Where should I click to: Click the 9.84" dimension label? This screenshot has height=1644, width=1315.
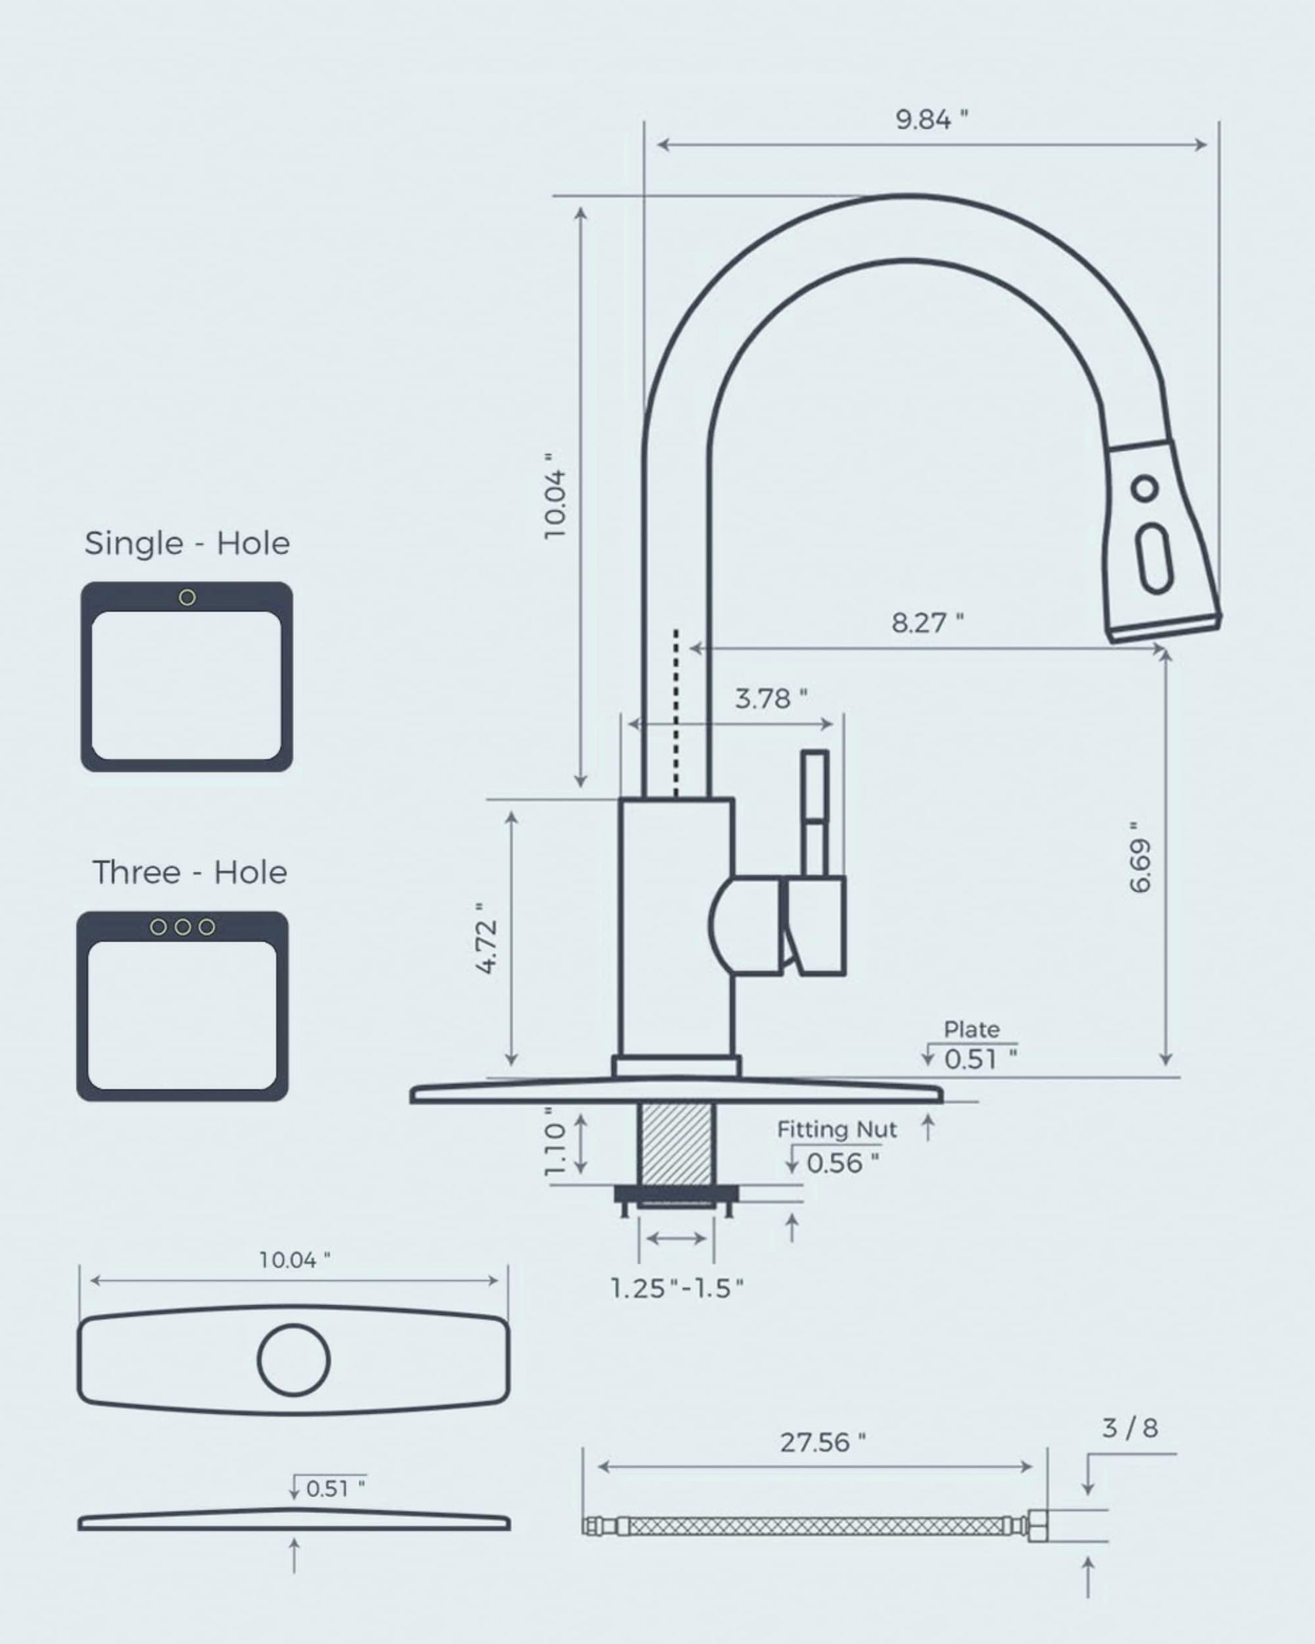pos(931,120)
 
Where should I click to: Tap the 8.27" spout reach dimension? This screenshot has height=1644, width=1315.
pos(926,623)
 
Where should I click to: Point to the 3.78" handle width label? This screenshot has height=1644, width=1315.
pos(770,699)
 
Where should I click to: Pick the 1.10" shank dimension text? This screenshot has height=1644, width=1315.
pos(556,1141)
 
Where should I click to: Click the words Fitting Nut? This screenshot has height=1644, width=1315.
pos(837,1129)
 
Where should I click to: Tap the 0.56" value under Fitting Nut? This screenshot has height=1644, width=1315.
pos(842,1164)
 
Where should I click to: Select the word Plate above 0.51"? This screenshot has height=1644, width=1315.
pos(971,1029)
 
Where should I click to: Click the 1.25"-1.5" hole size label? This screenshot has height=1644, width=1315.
pos(676,1289)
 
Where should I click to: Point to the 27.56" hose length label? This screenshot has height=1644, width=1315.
pos(822,1443)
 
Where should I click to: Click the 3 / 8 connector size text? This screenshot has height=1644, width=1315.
pos(1130,1428)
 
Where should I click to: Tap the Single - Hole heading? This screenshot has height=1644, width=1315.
pos(187,544)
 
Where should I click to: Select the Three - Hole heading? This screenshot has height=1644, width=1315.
pos(189,872)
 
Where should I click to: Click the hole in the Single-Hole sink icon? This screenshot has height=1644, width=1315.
pos(187,598)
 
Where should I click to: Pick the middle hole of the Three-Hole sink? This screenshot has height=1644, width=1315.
pos(182,927)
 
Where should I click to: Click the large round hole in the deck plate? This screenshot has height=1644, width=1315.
pos(294,1360)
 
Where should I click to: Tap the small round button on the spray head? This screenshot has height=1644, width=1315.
pos(1144,488)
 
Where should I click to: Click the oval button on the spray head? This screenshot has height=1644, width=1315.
pos(1153,559)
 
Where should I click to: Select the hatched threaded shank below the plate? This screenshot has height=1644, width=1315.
pos(676,1143)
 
